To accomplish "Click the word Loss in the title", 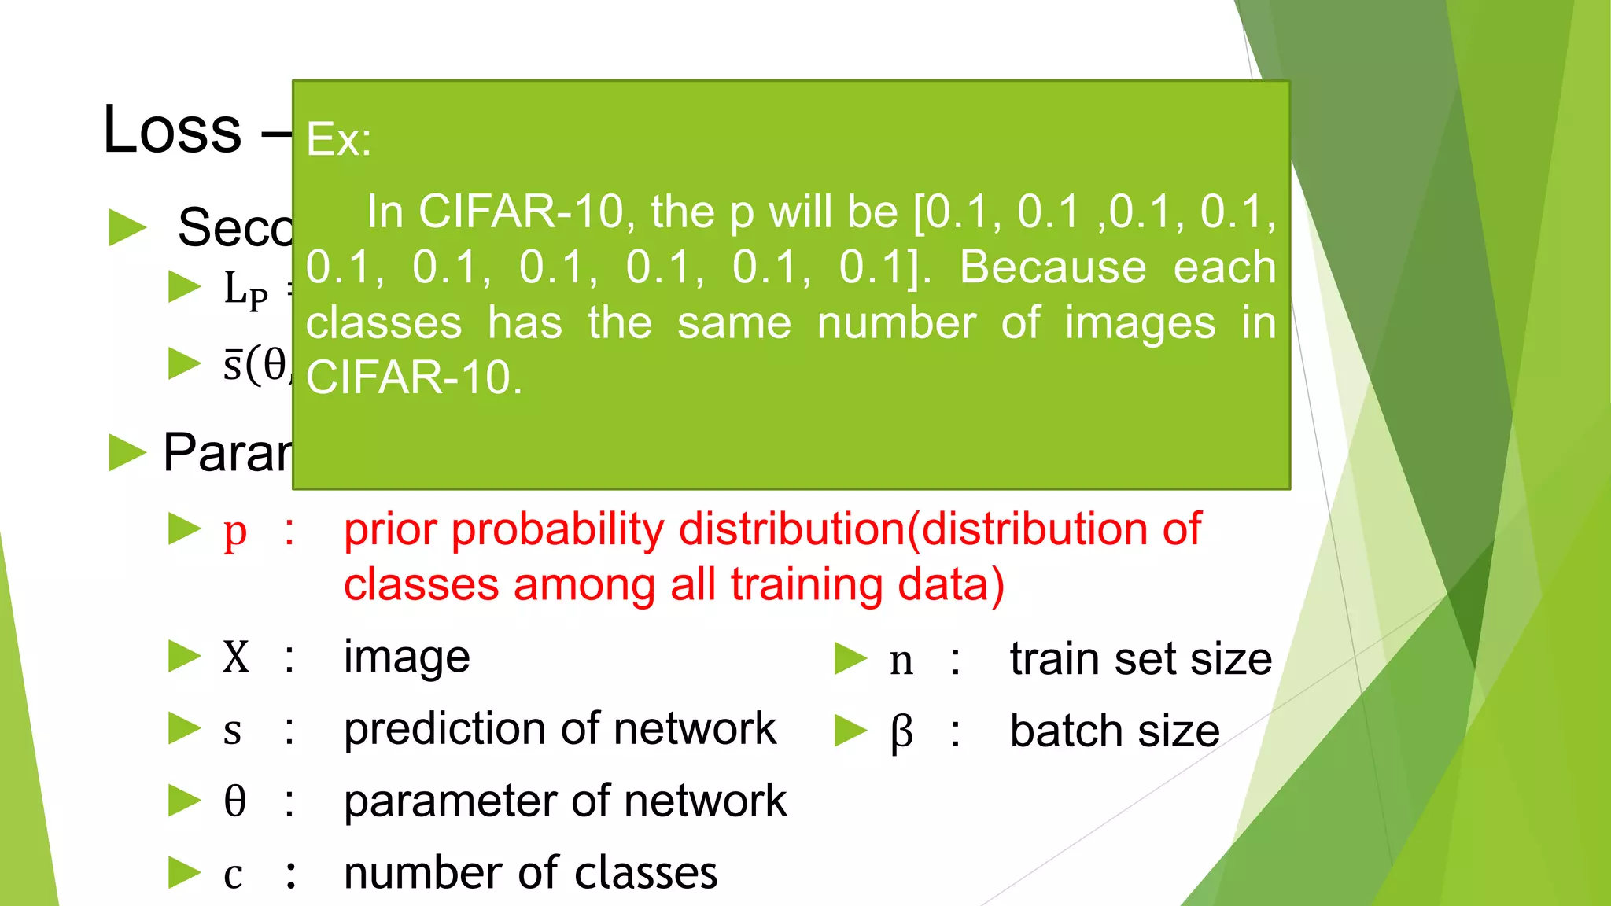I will pyautogui.click(x=172, y=130).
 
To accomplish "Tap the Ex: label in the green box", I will pyautogui.click(x=338, y=140).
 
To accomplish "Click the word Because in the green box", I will pyautogui.click(x=1052, y=267).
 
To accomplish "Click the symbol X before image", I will pyautogui.click(x=235, y=657).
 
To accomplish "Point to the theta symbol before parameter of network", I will pyautogui.click(x=234, y=801).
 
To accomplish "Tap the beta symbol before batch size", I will pyautogui.click(x=901, y=732).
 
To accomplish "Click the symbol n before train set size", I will pyautogui.click(x=901, y=661).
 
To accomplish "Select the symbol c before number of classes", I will pyautogui.click(x=233, y=875).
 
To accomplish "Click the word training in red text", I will pyautogui.click(x=807, y=585).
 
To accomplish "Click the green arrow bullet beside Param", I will pyautogui.click(x=127, y=453).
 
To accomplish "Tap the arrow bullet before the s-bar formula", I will pyautogui.click(x=186, y=364).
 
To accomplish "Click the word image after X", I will pyautogui.click(x=407, y=657).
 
